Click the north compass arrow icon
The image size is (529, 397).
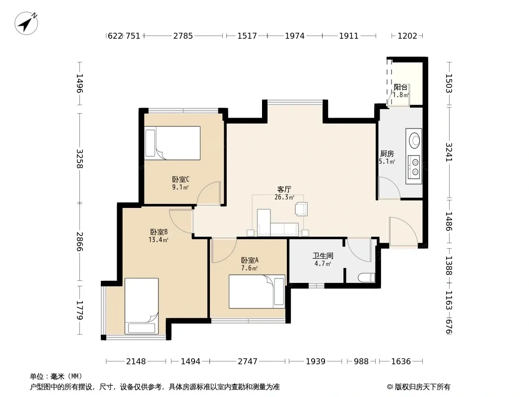tap(26, 23)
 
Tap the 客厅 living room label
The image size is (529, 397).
tap(284, 189)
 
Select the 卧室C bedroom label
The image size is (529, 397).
tap(181, 179)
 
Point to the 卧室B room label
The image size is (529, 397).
tap(159, 232)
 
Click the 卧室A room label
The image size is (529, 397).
tap(250, 260)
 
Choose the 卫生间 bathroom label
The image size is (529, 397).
tap(323, 256)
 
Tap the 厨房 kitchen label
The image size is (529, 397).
tap(387, 153)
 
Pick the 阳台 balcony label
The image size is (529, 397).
tap(401, 87)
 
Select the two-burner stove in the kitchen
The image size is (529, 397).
tap(414, 167)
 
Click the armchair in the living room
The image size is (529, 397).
tap(301, 209)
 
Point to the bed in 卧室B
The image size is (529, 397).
tap(142, 306)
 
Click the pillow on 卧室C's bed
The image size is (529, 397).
tap(150, 143)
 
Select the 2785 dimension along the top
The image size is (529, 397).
tap(183, 36)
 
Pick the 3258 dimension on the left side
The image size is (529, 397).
tap(80, 158)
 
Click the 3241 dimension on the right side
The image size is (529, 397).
tap(449, 152)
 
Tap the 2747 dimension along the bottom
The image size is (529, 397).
tap(248, 361)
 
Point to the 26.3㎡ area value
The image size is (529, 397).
tap(284, 198)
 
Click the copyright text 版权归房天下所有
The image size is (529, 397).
tap(422, 387)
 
